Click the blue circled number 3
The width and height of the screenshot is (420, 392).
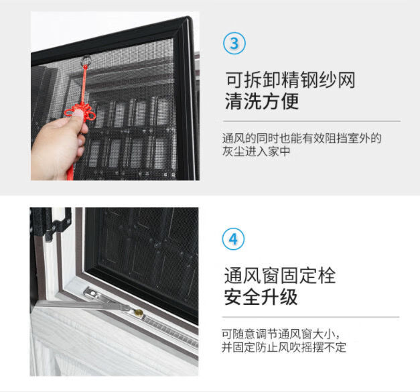(234, 44)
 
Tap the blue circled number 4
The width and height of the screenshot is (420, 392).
(233, 239)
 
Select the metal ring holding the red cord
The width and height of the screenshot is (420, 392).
(86, 60)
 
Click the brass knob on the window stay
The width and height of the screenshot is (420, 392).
(139, 312)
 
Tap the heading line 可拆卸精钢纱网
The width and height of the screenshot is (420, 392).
(290, 80)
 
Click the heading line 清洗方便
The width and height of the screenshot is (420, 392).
(262, 101)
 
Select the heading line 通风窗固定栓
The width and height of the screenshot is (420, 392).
(279, 275)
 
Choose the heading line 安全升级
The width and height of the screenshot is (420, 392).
(261, 297)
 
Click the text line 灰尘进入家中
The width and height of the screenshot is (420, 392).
(256, 151)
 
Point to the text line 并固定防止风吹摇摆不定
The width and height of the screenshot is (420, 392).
(283, 347)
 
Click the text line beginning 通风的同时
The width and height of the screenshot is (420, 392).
(301, 138)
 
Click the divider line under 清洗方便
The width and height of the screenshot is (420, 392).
(311, 121)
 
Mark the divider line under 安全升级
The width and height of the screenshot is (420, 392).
(311, 317)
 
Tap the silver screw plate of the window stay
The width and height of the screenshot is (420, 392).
(92, 294)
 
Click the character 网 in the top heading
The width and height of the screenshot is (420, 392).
(346, 80)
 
